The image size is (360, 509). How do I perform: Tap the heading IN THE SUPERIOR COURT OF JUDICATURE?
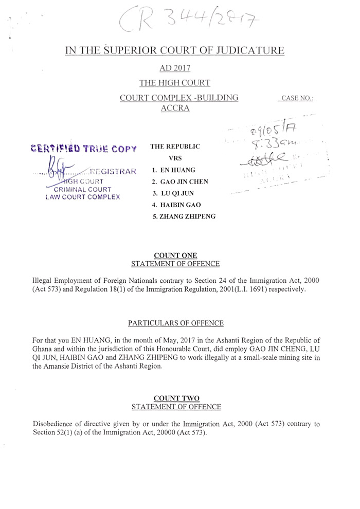[x=174, y=50]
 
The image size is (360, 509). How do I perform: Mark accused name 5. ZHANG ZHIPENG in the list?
[x=184, y=217]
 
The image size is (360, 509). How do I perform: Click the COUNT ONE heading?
[x=175, y=256]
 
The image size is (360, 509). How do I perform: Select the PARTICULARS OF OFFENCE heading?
[x=176, y=323]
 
